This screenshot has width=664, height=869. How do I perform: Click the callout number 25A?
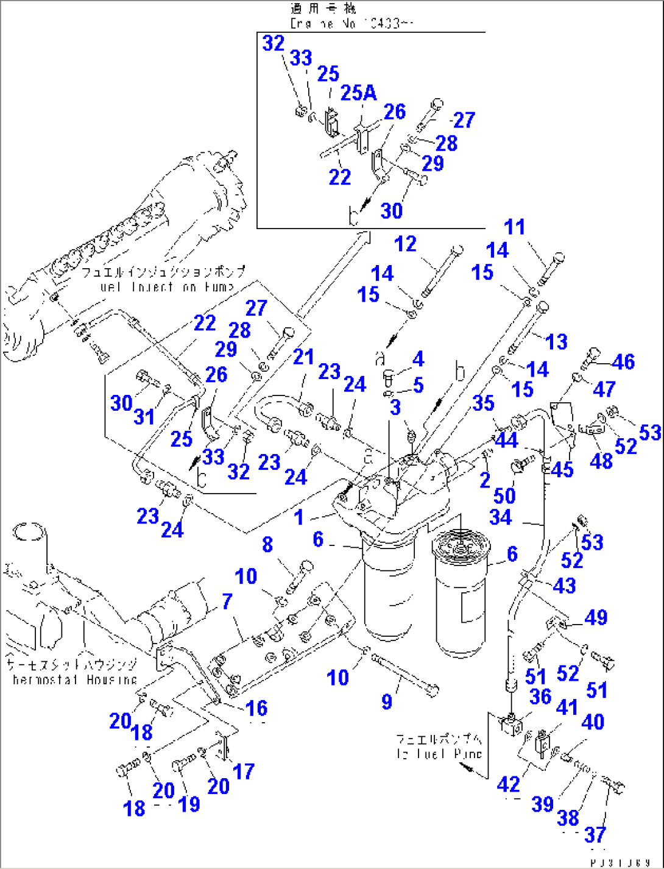[358, 93]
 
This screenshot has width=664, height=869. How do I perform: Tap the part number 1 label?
[298, 517]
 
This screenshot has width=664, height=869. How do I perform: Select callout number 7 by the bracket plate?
[227, 601]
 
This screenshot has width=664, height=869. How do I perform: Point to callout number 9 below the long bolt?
[387, 701]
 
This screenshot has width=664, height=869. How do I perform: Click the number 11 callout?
[515, 227]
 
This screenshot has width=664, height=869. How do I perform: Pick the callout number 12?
[405, 244]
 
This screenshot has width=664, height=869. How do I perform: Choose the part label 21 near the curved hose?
[303, 356]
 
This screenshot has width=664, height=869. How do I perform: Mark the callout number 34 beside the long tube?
[501, 517]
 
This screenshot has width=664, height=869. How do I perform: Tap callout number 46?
[623, 361]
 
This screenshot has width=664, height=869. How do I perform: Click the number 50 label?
[504, 495]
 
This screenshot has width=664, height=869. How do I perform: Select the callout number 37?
[595, 834]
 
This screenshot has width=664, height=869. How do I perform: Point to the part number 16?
[256, 708]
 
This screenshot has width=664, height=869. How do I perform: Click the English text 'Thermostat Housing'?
[74, 679]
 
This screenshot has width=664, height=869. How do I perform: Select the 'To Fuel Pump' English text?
[439, 754]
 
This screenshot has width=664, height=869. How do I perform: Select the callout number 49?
[595, 617]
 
